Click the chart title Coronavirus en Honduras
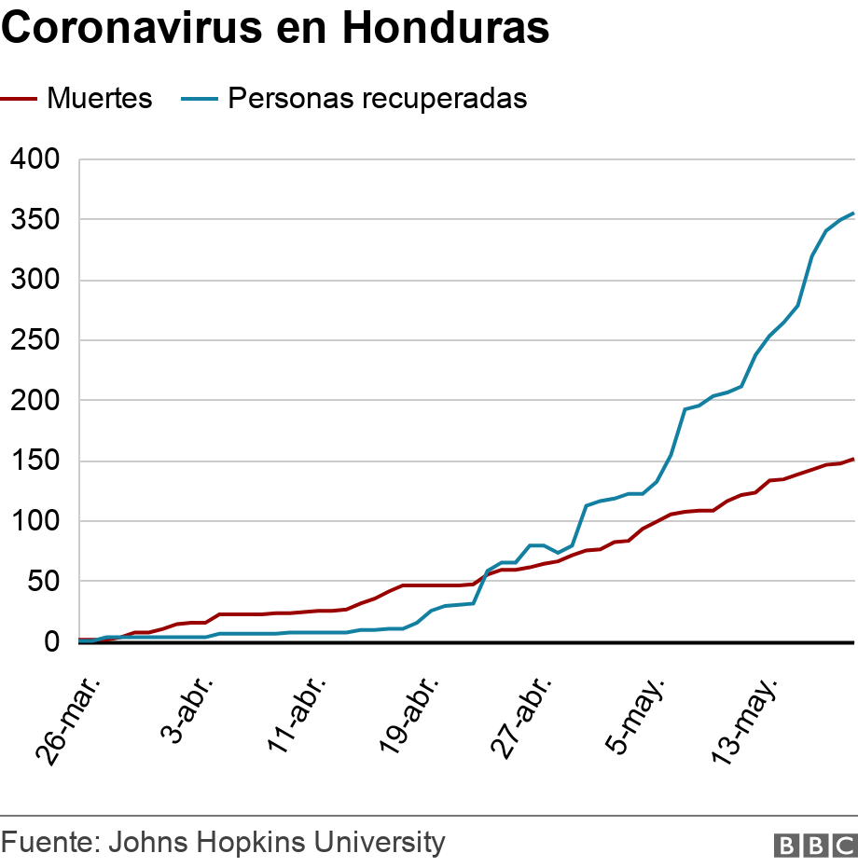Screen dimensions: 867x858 point(275,28)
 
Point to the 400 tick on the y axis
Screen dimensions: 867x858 point(35,159)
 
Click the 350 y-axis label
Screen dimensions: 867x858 point(35,220)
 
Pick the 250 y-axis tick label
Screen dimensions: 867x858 point(35,340)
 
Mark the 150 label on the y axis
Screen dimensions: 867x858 point(35,461)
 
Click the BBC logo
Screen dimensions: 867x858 point(814,845)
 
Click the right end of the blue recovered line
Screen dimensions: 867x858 point(852,213)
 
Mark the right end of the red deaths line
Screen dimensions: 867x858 point(852,459)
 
